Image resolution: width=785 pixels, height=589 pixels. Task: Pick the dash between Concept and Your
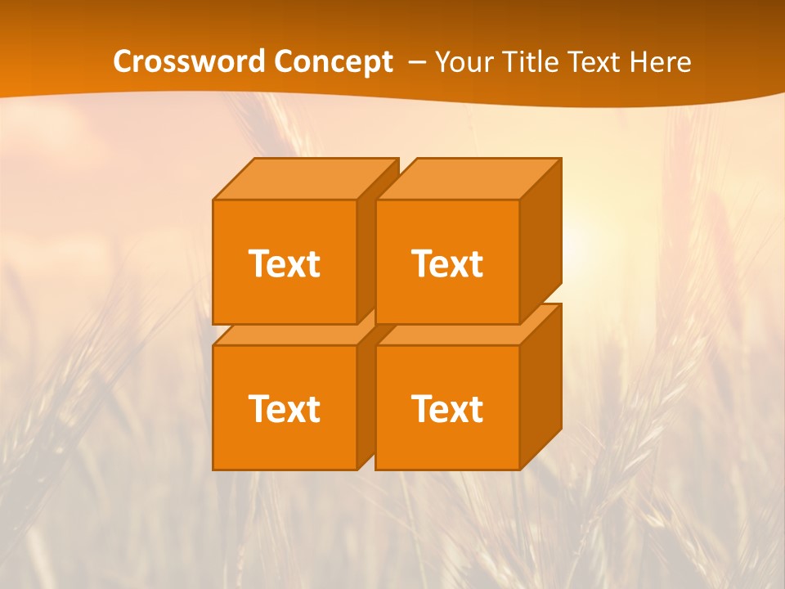tap(416, 62)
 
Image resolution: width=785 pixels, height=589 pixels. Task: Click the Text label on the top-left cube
tap(284, 263)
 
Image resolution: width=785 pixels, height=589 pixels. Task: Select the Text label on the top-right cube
tap(447, 263)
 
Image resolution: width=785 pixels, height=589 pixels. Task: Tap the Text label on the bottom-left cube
tap(284, 408)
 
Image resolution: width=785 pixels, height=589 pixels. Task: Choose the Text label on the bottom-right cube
tap(447, 408)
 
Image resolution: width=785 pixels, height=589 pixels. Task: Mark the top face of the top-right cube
tap(468, 179)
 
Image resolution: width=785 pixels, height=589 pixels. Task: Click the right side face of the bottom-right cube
tap(541, 389)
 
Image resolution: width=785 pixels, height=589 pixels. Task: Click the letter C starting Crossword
tap(123, 61)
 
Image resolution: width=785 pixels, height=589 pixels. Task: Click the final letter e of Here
tap(684, 63)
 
